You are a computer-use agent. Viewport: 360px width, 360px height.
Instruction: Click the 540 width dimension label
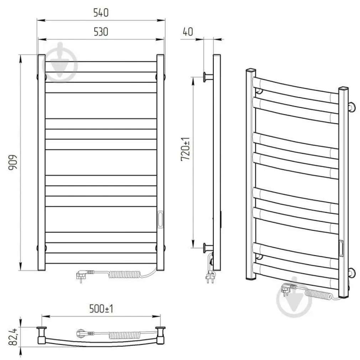(x=101, y=13)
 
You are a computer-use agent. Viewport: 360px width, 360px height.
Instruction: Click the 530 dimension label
(x=101, y=32)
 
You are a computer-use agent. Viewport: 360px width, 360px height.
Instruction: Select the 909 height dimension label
(x=13, y=163)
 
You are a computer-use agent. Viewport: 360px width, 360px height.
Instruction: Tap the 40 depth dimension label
(x=187, y=32)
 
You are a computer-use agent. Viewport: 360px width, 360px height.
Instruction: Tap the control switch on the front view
(x=160, y=218)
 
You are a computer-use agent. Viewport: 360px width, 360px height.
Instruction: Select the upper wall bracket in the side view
(x=207, y=77)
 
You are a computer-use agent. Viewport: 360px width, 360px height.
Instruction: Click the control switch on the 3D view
(x=341, y=248)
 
